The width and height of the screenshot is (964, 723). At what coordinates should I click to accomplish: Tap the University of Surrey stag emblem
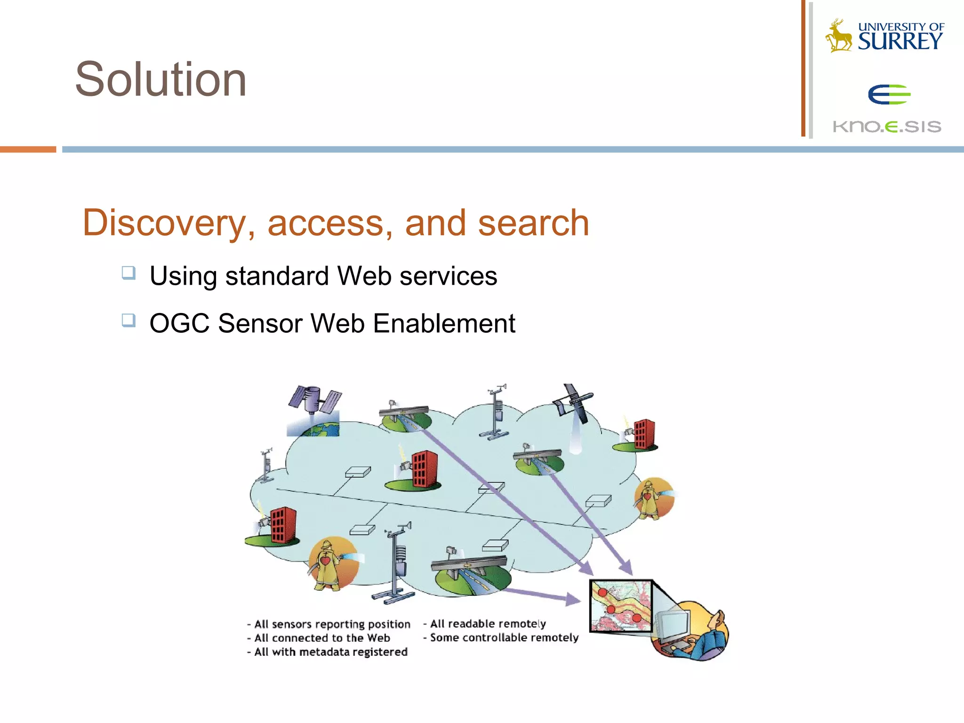[839, 36]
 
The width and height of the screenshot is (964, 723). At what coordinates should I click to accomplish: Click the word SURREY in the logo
[900, 42]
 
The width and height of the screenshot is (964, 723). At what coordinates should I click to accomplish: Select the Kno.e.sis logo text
[887, 126]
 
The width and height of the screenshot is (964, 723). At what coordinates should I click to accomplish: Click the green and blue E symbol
[889, 95]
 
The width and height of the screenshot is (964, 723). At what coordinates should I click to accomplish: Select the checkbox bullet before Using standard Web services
[129, 273]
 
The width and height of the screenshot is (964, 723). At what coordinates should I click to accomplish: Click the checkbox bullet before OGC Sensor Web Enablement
[129, 321]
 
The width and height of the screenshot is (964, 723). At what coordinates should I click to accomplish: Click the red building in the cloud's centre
[424, 469]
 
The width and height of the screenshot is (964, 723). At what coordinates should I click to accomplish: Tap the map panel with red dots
[621, 606]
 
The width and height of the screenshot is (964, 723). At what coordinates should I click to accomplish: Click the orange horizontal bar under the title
[28, 149]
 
